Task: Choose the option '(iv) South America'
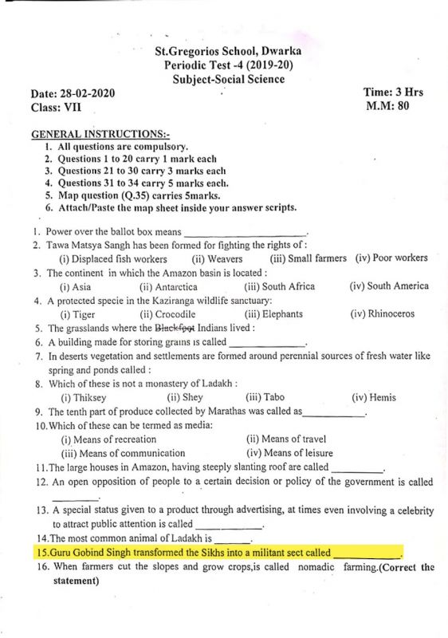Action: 388,286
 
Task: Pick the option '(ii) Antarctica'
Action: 168,286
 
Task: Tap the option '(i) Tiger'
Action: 81,314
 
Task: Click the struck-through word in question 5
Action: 175,328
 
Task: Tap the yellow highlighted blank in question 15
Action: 366,552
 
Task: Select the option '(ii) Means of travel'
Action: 286,439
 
